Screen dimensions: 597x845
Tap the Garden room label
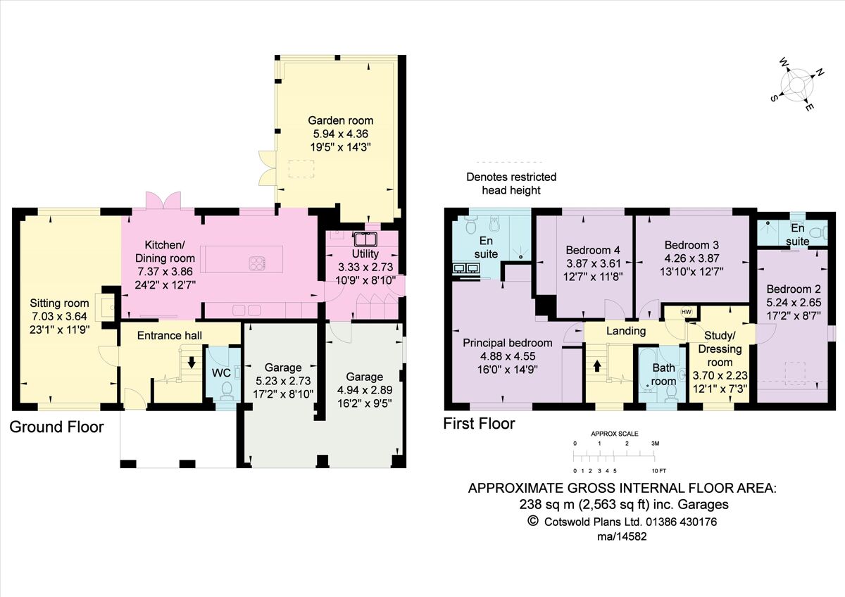pyautogui.click(x=340, y=120)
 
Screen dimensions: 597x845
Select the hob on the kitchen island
pyautogui.click(x=257, y=263)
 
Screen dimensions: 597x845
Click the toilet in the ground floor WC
pyautogui.click(x=227, y=389)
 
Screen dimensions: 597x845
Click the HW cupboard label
pyautogui.click(x=686, y=312)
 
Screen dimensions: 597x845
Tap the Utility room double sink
pyautogui.click(x=365, y=238)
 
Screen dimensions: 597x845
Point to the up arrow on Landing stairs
pyautogui.click(x=598, y=365)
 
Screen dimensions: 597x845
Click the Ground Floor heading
pyautogui.click(x=56, y=427)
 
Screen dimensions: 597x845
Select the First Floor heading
pyautogui.click(x=479, y=424)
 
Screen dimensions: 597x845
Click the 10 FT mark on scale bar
pyautogui.click(x=658, y=470)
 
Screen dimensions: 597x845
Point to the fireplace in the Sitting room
pyautogui.click(x=106, y=304)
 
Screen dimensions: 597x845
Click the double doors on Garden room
pyautogui.click(x=265, y=166)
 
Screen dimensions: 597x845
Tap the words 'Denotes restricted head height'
pyautogui.click(x=511, y=183)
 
